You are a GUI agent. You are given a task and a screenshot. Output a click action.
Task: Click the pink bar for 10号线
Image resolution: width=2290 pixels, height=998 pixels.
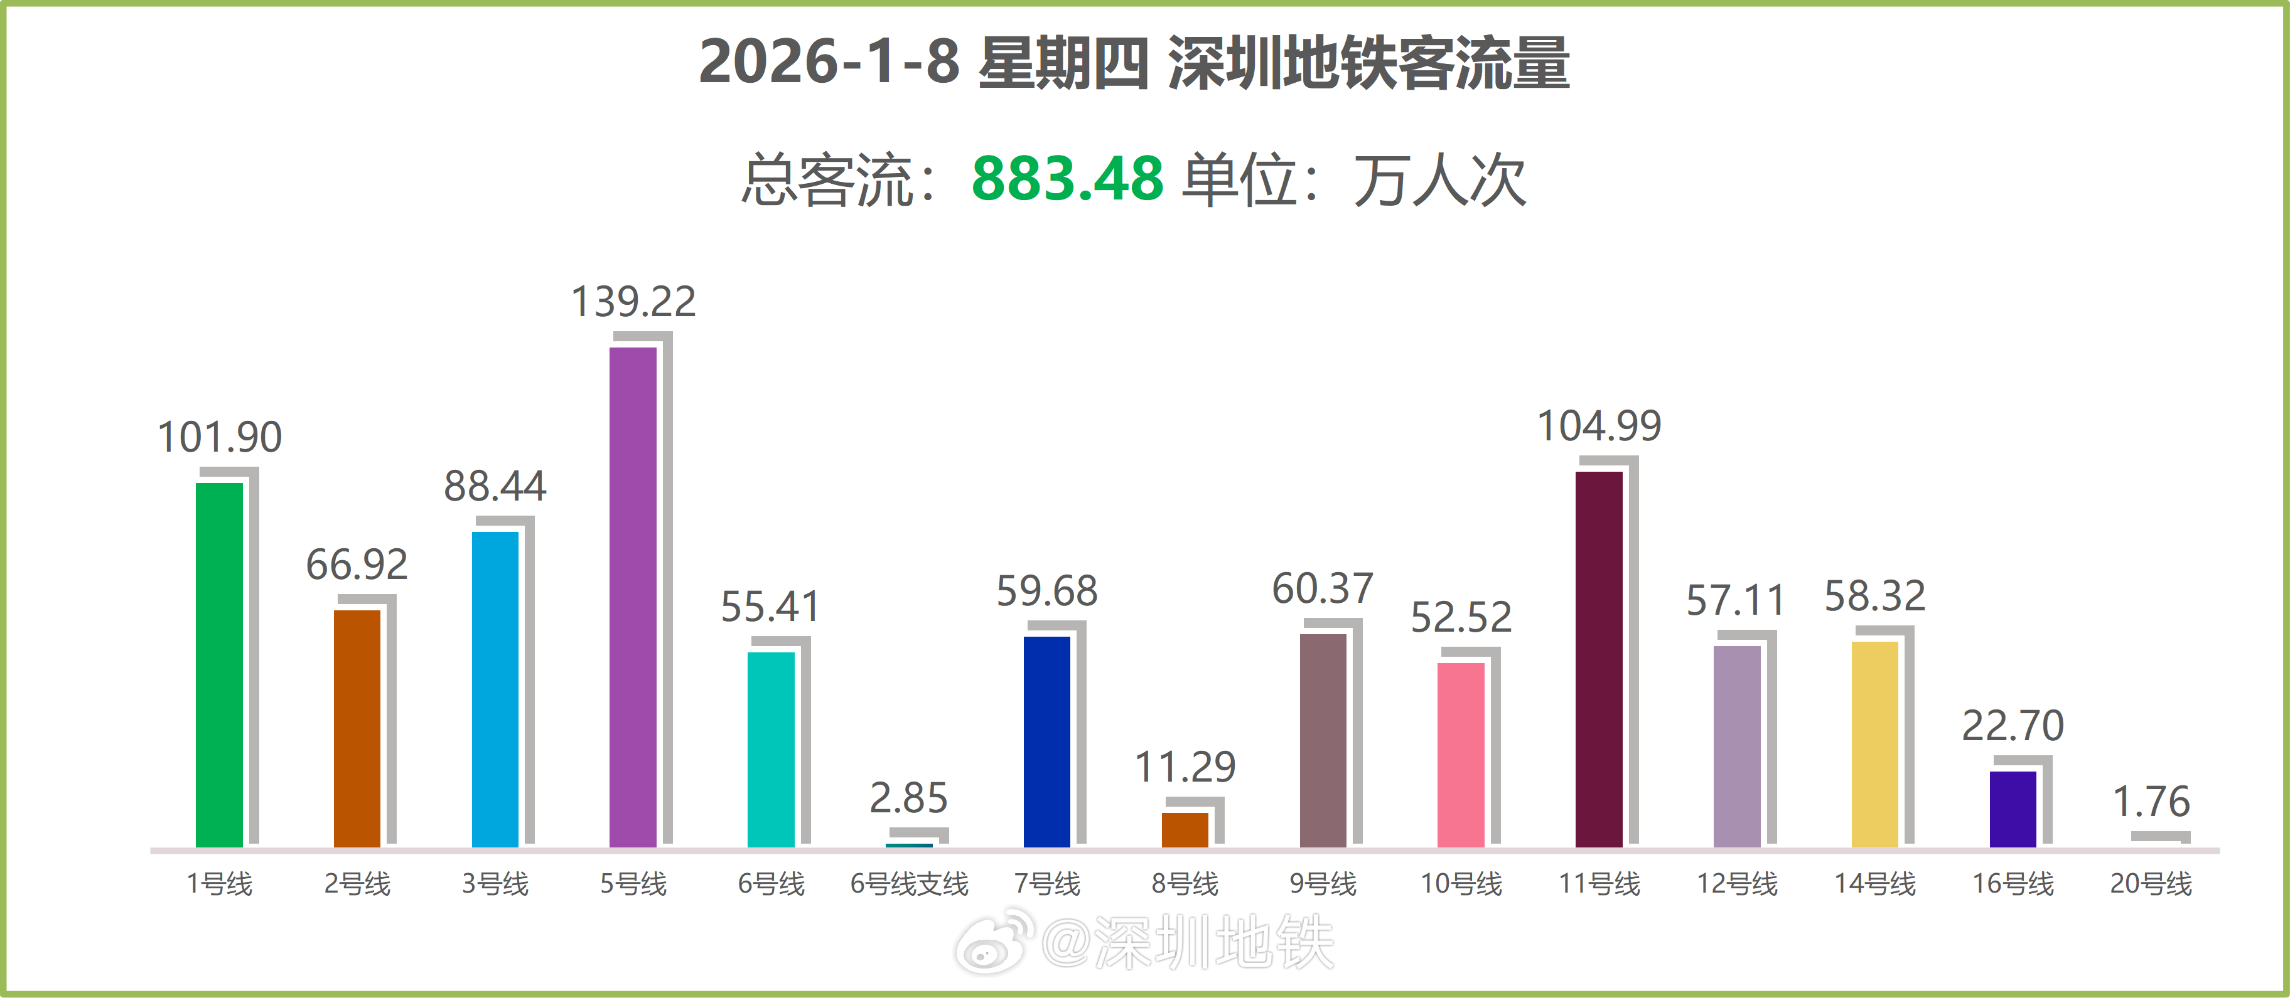tap(1461, 755)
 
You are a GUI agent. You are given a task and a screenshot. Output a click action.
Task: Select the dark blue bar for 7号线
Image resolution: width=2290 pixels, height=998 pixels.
tap(1046, 741)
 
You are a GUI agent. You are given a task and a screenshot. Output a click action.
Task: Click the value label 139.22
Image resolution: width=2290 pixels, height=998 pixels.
tap(633, 302)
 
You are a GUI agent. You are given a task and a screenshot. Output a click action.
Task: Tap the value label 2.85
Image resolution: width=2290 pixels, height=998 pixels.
tap(908, 798)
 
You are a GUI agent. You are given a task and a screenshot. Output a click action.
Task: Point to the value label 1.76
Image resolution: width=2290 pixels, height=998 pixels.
tap(2151, 802)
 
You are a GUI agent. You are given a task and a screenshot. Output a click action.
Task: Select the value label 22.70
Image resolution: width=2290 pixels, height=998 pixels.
tap(2013, 726)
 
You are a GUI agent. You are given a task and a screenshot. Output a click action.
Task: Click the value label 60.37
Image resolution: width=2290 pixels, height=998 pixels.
tap(1323, 588)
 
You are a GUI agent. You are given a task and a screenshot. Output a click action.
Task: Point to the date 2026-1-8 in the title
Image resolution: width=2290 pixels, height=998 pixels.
tap(829, 62)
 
